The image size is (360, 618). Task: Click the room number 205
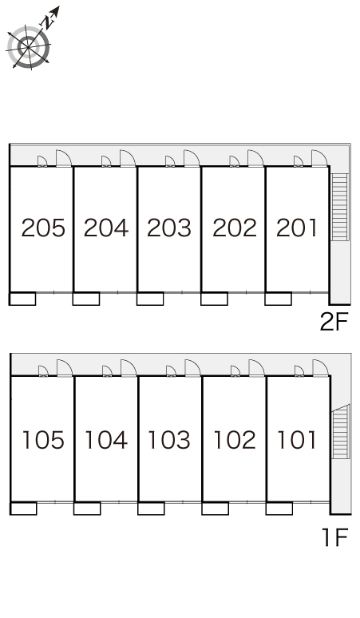43,228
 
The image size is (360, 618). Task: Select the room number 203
169,228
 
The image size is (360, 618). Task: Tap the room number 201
297,228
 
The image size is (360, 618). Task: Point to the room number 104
106,440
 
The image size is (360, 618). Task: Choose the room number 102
235,440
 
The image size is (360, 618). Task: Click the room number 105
43,440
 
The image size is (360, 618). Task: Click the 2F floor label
334,322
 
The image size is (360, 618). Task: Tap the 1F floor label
335,537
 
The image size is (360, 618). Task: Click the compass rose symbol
29,47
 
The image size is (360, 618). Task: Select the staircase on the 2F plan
339,207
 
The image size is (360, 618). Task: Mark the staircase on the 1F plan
341,432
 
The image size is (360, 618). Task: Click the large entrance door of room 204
128,158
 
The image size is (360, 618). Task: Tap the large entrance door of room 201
319,158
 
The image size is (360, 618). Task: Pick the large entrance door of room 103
192,368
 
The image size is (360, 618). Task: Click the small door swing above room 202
235,161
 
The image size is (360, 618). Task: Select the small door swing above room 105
43,371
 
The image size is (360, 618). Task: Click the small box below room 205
22,299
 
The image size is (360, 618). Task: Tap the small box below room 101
279,509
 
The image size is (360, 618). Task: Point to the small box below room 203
150,299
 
